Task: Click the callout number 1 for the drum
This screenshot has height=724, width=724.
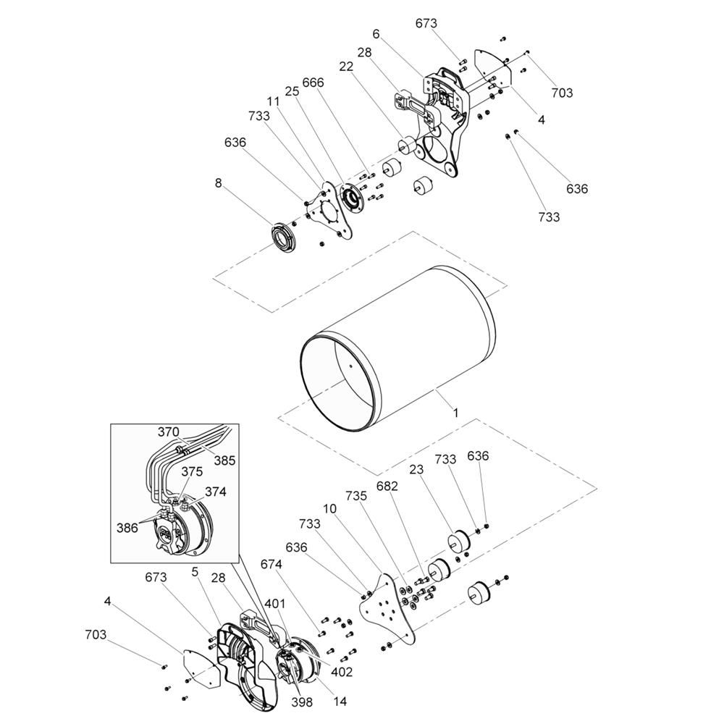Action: pos(455,413)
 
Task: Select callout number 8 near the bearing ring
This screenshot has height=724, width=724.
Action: pos(219,183)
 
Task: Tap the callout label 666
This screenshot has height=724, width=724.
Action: pos(313,83)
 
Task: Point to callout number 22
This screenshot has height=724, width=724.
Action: pos(346,67)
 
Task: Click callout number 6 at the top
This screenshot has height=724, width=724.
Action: pos(376,34)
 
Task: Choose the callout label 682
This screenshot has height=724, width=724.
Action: pos(387,487)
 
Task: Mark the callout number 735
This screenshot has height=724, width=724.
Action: pos(356,496)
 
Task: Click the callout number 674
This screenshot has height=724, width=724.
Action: pos(271,564)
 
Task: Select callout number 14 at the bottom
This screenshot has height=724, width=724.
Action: pos(340,701)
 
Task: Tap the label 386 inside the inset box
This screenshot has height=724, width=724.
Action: pos(127,527)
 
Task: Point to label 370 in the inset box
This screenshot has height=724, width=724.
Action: pos(168,432)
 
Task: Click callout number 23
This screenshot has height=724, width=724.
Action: pos(416,470)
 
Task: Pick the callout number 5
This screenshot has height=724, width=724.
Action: pos(195,572)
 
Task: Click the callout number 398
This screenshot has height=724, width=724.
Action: pos(302,702)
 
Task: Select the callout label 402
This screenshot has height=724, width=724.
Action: pos(342,673)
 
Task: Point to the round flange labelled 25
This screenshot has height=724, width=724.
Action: pos(353,199)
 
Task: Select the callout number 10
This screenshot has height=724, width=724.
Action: pos(329,509)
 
